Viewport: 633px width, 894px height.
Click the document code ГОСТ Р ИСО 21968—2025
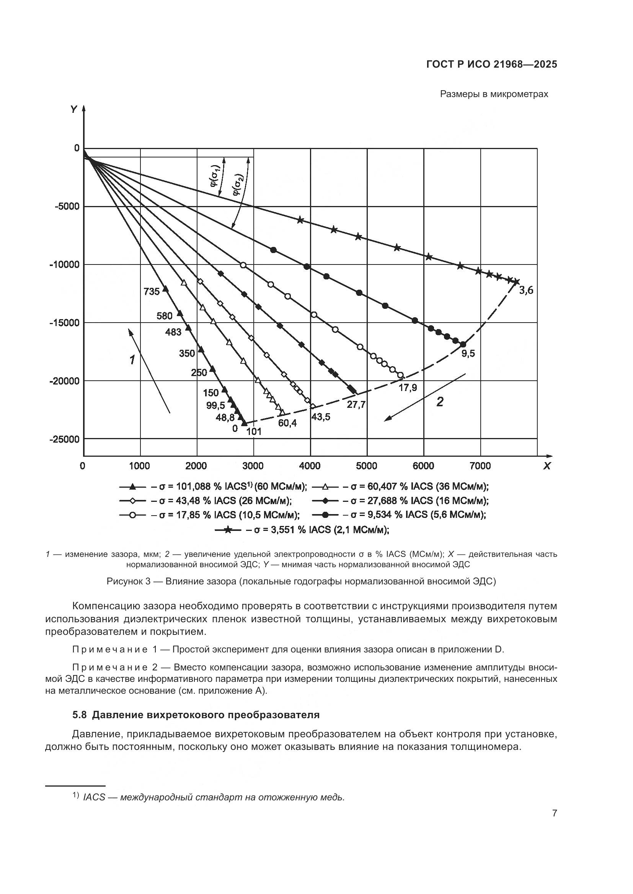[x=491, y=64]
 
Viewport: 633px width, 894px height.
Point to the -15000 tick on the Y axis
[x=64, y=323]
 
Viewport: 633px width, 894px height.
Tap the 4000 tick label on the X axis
[x=310, y=466]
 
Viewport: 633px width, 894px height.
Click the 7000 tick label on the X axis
[x=480, y=466]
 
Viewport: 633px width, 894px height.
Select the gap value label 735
[x=152, y=291]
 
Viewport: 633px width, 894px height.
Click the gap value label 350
[x=187, y=354]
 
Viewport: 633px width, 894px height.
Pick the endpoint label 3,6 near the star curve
[x=526, y=290]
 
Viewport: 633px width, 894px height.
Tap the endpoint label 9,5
[x=468, y=354]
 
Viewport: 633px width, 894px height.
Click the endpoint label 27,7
[x=356, y=404]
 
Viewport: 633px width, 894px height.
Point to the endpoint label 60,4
[x=287, y=423]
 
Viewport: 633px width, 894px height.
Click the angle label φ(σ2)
[x=238, y=185]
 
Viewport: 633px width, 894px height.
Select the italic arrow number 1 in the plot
[x=132, y=360]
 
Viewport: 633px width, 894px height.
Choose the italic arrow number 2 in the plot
[x=440, y=402]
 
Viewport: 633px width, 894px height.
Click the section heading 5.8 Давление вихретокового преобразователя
[x=196, y=715]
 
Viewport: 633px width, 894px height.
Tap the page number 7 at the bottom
[x=554, y=813]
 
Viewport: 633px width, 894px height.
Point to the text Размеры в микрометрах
[x=494, y=94]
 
